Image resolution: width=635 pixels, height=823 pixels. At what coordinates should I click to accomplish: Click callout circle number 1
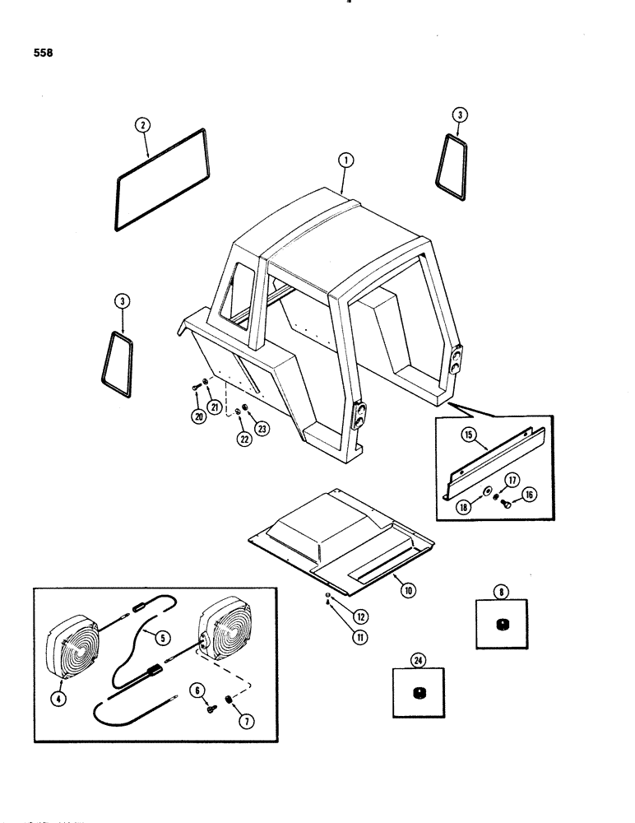(345, 161)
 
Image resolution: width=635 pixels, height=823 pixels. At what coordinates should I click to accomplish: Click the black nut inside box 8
(500, 627)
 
